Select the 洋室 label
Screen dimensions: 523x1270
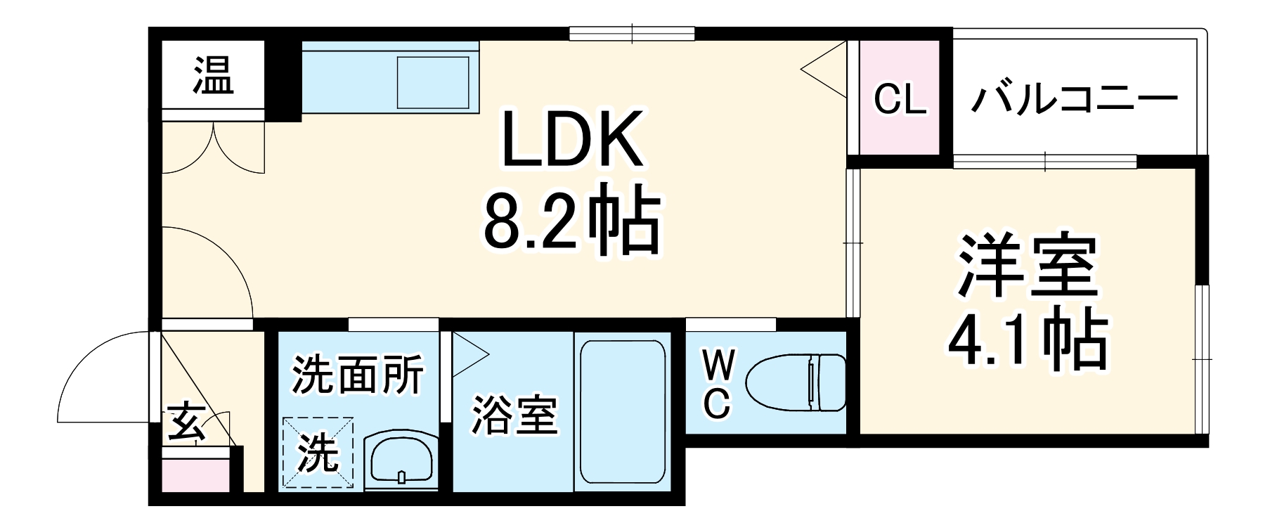pos(1026,266)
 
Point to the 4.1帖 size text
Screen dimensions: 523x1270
pos(1026,342)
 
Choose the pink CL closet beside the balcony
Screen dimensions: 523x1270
pos(900,98)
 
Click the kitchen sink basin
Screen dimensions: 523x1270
pos(433,82)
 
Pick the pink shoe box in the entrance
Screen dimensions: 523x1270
pos(195,475)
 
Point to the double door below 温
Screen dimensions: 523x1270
pos(214,148)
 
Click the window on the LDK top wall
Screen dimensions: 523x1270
pos(631,33)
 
